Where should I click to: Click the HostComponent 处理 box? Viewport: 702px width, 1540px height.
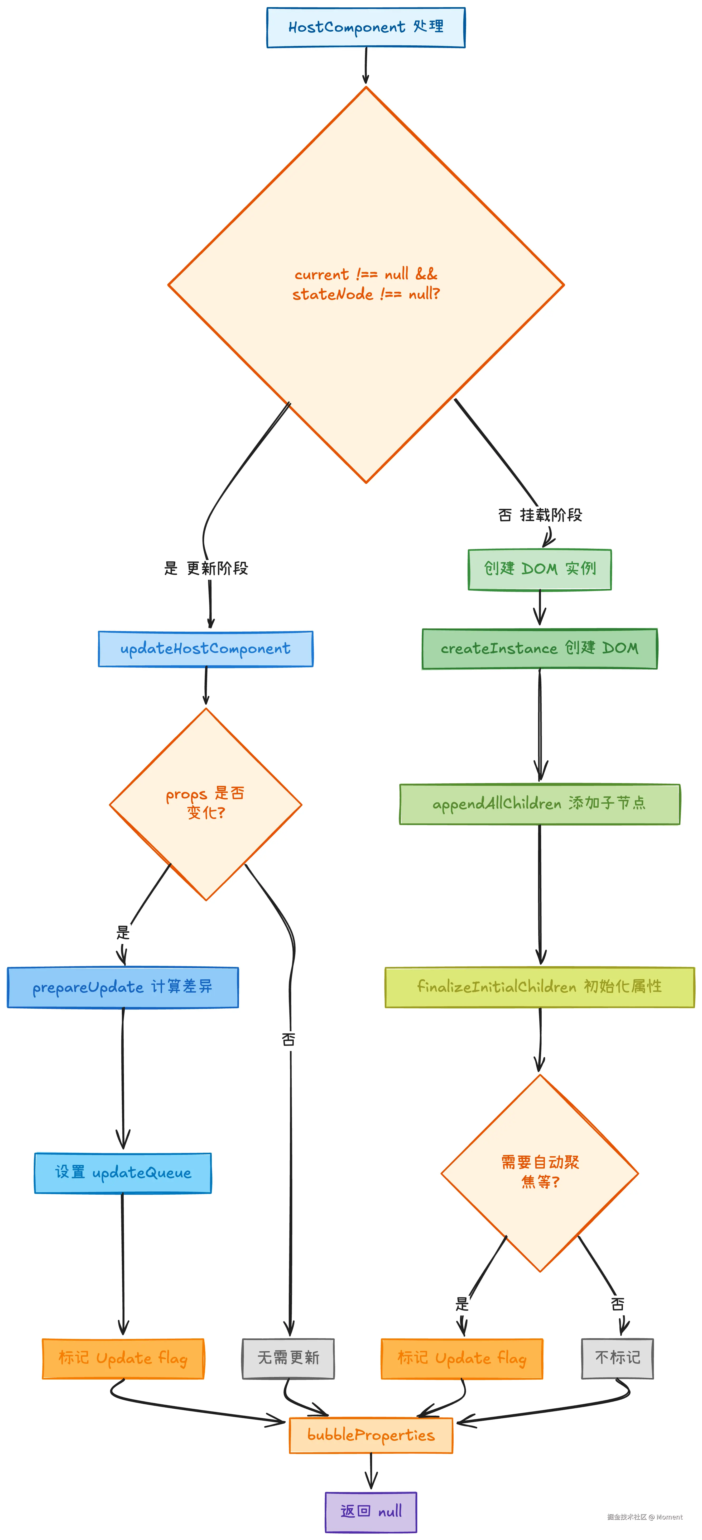tap(366, 27)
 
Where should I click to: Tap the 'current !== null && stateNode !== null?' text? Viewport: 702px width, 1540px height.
tap(366, 284)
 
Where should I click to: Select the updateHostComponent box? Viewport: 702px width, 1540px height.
tap(205, 649)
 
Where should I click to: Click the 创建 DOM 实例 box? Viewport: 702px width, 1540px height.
tap(540, 569)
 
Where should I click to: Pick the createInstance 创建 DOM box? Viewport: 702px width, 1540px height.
tap(540, 649)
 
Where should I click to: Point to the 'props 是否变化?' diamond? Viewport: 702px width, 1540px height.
tap(205, 804)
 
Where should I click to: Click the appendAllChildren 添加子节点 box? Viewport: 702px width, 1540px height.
tap(540, 804)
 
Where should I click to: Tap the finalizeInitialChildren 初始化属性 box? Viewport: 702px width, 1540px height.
tap(540, 987)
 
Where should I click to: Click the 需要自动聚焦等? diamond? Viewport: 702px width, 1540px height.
tap(540, 1173)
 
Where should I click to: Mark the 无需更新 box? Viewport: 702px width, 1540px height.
tap(288, 1358)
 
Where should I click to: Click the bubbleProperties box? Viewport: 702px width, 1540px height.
tap(371, 1435)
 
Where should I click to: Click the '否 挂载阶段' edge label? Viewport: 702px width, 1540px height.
tap(540, 515)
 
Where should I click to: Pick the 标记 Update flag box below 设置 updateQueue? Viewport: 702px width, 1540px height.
tap(123, 1358)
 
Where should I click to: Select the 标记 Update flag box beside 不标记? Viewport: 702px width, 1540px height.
tap(462, 1358)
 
